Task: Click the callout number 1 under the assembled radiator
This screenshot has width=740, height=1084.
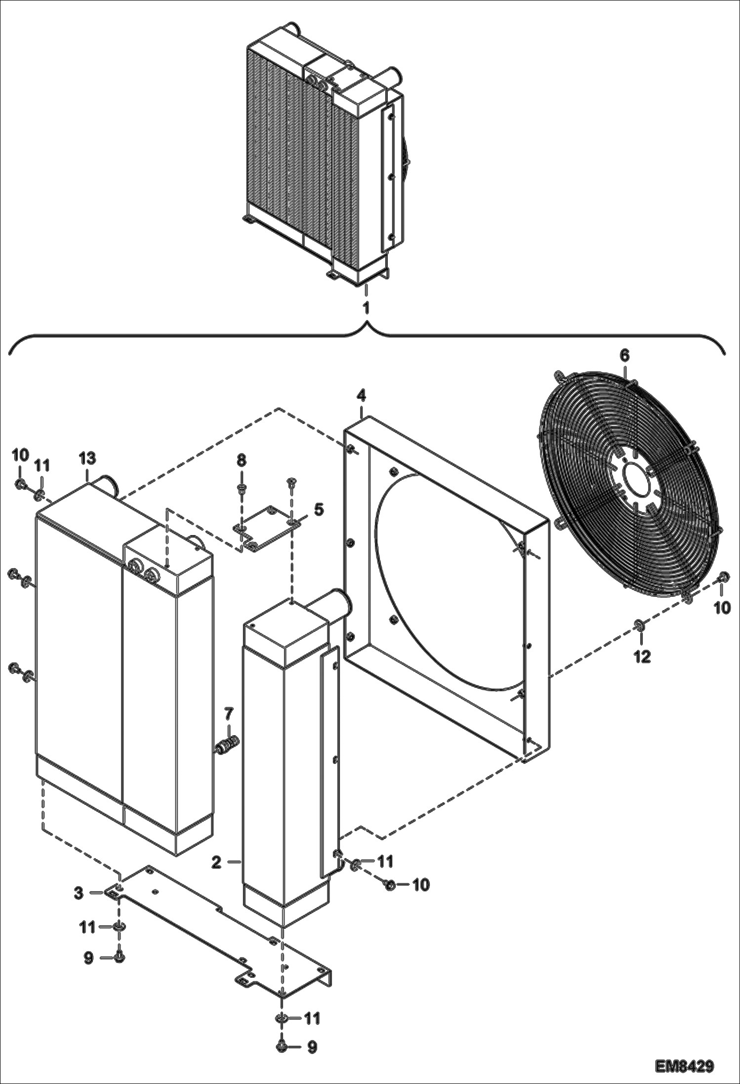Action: tap(366, 308)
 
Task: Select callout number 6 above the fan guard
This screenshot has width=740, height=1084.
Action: tap(624, 355)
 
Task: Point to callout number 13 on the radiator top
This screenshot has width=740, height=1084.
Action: tap(87, 458)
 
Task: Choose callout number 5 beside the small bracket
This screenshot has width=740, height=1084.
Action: tap(319, 509)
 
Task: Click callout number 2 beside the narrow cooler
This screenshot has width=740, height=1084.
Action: tap(216, 862)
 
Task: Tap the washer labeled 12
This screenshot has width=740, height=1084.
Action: tap(639, 626)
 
